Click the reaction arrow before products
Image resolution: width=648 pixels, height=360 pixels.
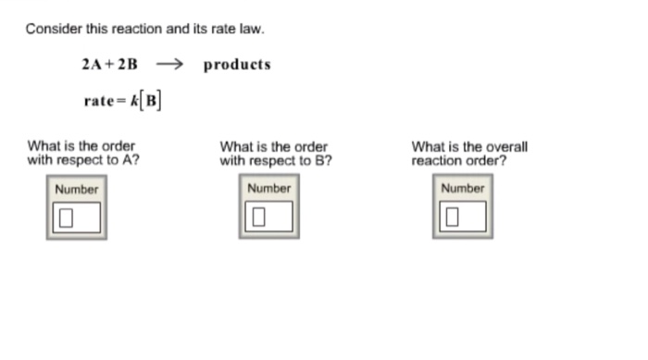click(x=171, y=65)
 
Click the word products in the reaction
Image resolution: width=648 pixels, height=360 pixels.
click(x=237, y=65)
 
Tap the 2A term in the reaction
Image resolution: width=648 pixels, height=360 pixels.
click(x=90, y=65)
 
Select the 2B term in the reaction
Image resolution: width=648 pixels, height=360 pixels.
click(x=128, y=65)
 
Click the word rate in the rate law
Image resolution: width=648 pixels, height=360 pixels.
click(x=98, y=101)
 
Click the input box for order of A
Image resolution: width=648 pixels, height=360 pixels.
click(x=76, y=218)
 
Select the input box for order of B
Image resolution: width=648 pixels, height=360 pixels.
click(x=269, y=218)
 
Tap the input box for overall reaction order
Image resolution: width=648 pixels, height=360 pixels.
click(x=462, y=218)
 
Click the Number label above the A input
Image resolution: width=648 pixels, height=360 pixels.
click(x=76, y=189)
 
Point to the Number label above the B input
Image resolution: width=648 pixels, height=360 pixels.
click(x=269, y=189)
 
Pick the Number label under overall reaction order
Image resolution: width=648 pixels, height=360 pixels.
click(x=462, y=189)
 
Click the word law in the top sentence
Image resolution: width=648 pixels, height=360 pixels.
click(x=253, y=29)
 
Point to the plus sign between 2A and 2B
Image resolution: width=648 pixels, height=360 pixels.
click(x=108, y=65)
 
